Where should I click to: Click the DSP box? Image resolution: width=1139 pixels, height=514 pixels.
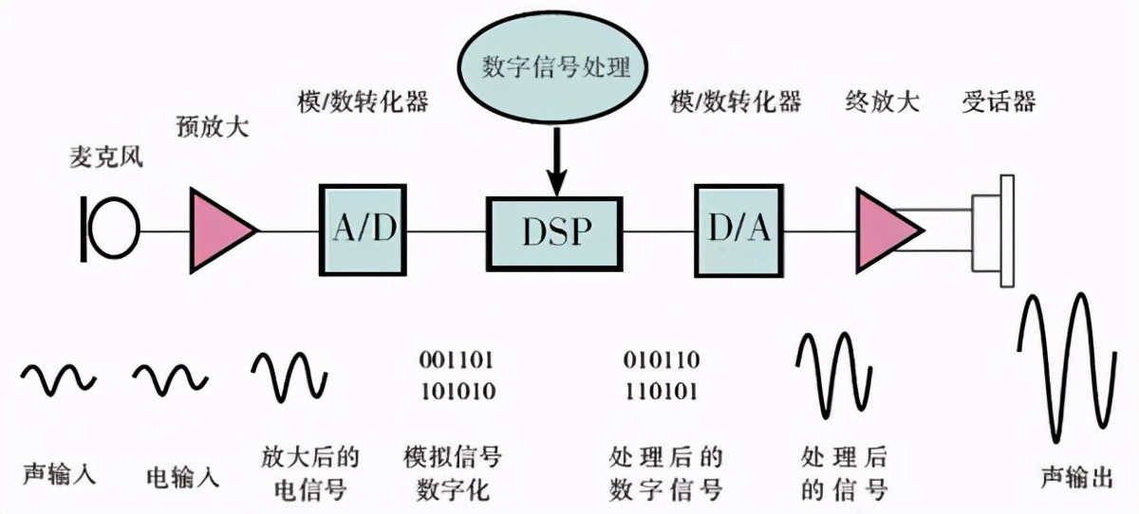click(x=555, y=232)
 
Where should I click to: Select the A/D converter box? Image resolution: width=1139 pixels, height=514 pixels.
click(x=363, y=230)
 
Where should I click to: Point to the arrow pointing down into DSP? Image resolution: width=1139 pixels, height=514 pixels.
click(x=557, y=161)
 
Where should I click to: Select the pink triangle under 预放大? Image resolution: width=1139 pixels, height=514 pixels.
click(x=221, y=229)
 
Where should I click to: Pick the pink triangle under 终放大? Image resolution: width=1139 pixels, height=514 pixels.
click(x=886, y=230)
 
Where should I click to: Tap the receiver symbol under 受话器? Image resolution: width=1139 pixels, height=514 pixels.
click(x=993, y=230)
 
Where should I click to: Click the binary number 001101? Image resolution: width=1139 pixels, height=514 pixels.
click(x=456, y=360)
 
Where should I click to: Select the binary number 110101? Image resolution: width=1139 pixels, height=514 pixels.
click(x=662, y=391)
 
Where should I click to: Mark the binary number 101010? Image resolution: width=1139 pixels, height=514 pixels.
click(x=456, y=391)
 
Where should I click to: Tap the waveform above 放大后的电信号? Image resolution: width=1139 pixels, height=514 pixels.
click(x=289, y=376)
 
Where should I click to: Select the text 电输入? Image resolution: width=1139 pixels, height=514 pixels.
click(x=183, y=475)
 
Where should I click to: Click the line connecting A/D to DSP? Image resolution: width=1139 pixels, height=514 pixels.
click(x=446, y=230)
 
